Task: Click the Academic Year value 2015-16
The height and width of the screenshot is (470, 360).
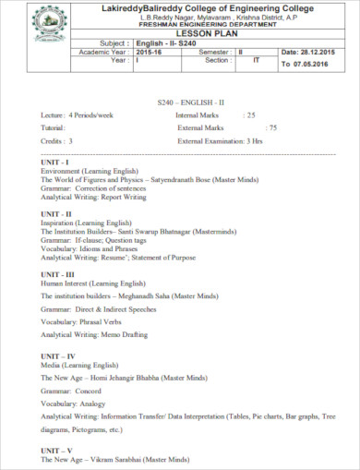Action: [x=150, y=53]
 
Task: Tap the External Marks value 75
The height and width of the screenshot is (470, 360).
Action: [x=271, y=127]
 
